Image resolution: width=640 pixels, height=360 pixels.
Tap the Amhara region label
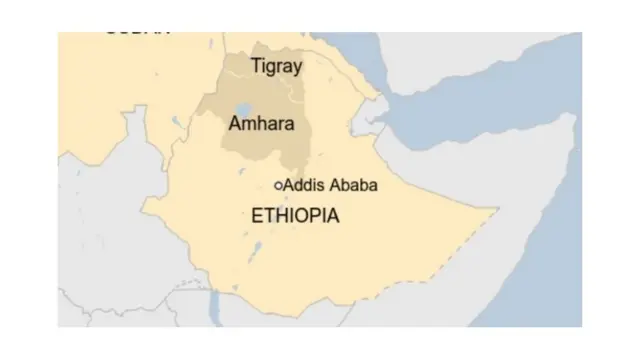(x=261, y=125)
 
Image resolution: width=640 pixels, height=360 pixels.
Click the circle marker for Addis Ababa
(x=278, y=185)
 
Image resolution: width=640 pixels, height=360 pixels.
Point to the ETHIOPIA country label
(x=295, y=215)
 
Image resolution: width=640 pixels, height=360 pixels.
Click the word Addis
(x=303, y=185)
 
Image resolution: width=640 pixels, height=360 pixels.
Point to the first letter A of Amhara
(x=235, y=125)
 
